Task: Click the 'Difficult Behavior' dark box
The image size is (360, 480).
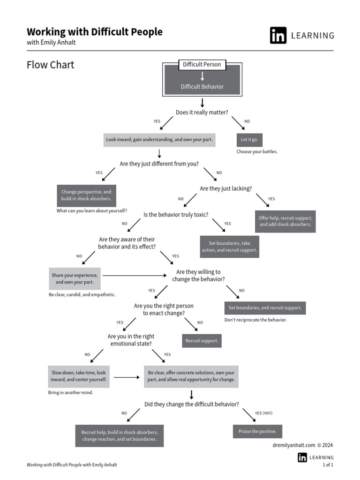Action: tap(202, 87)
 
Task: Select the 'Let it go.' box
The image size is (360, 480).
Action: tap(249, 140)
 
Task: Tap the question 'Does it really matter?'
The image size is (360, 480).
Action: tap(202, 112)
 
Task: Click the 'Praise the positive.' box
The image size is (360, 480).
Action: tap(257, 431)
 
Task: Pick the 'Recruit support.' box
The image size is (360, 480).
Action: tap(202, 341)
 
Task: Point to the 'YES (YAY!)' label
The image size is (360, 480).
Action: tap(263, 413)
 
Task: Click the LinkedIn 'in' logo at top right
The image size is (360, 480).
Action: tap(278, 36)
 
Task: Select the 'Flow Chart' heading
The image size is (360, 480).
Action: tap(50, 65)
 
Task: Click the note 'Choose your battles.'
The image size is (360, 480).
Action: tap(257, 152)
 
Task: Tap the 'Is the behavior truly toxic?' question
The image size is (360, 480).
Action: tap(176, 215)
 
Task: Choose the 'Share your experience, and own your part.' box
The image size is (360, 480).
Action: tap(75, 279)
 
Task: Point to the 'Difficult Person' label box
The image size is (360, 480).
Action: tap(202, 65)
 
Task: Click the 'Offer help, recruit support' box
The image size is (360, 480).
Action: tap(285, 221)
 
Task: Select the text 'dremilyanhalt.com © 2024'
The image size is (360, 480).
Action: tap(302, 445)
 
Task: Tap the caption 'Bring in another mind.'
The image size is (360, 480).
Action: tap(70, 392)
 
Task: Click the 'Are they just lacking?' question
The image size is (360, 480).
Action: tap(225, 188)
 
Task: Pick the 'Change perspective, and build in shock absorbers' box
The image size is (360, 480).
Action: tap(86, 195)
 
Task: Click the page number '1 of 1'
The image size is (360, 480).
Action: tap(328, 465)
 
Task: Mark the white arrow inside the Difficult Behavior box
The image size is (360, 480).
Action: tap(202, 76)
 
